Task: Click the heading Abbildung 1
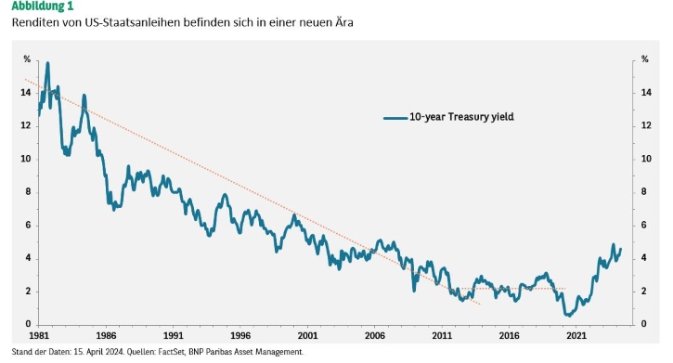pyautogui.click(x=43, y=6)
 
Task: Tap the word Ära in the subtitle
pyautogui.click(x=344, y=22)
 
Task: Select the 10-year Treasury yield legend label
pyautogui.click(x=461, y=117)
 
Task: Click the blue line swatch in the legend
pyautogui.click(x=395, y=118)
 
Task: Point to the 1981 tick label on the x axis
pyautogui.click(x=39, y=335)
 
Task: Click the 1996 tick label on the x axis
pyautogui.click(x=240, y=335)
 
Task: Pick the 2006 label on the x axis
pyautogui.click(x=375, y=335)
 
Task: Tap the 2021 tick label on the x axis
pyautogui.click(x=576, y=335)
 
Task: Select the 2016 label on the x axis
pyautogui.click(x=509, y=335)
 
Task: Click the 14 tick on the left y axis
pyautogui.click(x=26, y=92)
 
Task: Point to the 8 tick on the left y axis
pyautogui.click(x=29, y=192)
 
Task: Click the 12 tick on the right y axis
pyautogui.click(x=646, y=125)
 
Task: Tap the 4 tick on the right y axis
pyautogui.click(x=643, y=258)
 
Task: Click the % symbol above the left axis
pyautogui.click(x=27, y=59)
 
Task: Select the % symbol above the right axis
pyautogui.click(x=644, y=59)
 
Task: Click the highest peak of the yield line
pyautogui.click(x=47, y=63)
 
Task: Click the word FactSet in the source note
pyautogui.click(x=171, y=352)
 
